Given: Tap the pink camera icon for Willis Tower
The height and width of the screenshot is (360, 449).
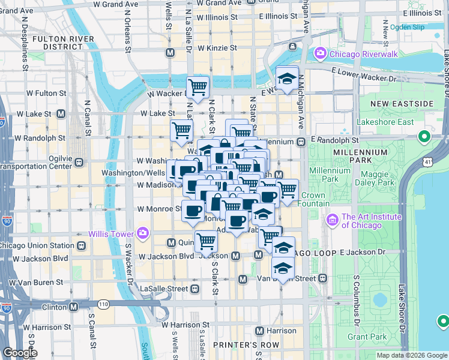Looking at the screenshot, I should click(x=143, y=232).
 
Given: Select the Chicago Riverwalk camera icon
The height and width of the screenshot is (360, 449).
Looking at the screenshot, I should click(x=320, y=55).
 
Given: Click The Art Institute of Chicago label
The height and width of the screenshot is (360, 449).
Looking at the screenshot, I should click(x=361, y=221).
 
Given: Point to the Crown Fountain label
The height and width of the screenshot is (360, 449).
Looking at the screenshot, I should click(x=313, y=199).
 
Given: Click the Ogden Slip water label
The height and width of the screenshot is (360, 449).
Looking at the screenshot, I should click(x=406, y=28).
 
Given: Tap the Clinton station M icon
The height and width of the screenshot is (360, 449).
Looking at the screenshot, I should click(x=74, y=307).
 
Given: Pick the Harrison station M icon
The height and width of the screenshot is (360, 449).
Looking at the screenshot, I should click(x=259, y=331).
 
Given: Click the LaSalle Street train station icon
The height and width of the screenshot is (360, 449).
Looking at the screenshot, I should click(x=194, y=289).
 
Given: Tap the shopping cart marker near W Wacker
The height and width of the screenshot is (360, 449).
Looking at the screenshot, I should click(x=197, y=88).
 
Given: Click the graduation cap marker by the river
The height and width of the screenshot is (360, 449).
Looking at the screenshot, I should click(x=288, y=79).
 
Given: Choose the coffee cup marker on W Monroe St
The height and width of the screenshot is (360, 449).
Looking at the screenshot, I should click(x=193, y=211).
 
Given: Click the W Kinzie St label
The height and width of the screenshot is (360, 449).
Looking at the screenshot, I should click(x=213, y=47).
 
